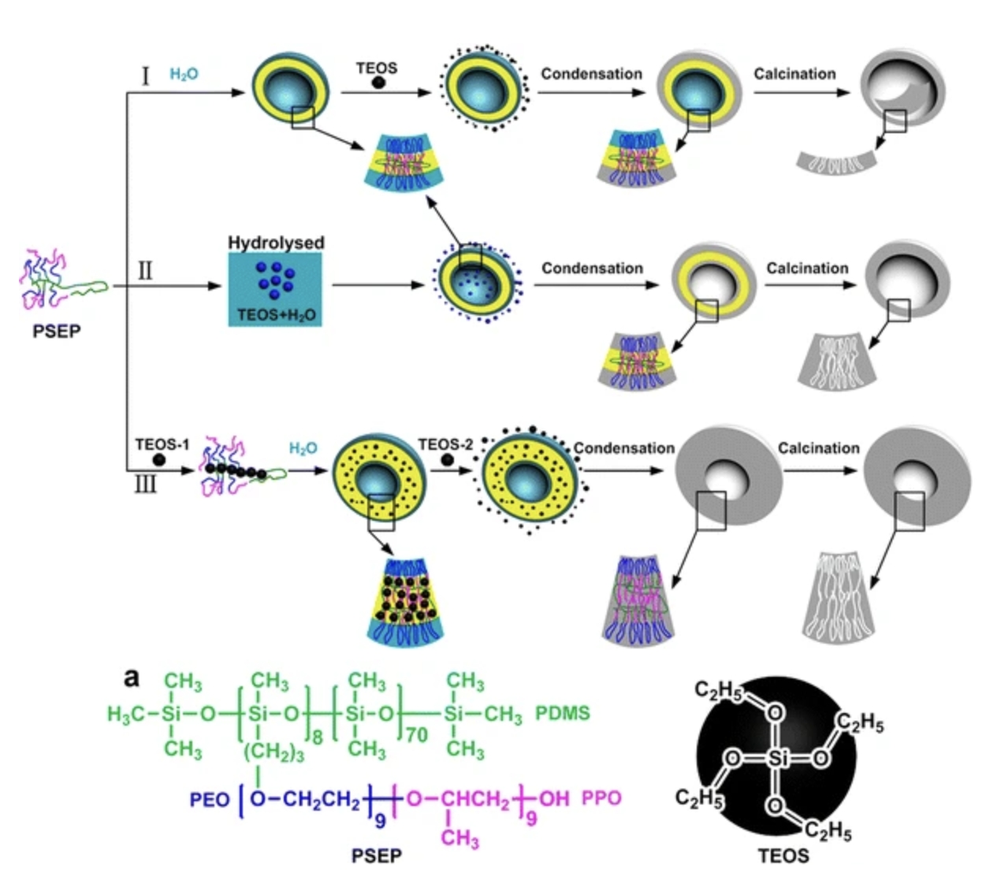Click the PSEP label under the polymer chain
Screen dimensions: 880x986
point(56,331)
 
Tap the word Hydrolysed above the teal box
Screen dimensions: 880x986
point(276,243)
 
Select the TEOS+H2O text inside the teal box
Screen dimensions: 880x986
point(276,315)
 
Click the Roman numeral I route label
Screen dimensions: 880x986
point(145,76)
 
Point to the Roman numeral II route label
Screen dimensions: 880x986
point(145,271)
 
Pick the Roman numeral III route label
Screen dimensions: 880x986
point(145,482)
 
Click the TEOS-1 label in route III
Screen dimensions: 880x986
point(162,444)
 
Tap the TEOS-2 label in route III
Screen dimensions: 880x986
point(445,444)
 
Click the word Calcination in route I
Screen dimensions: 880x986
point(794,74)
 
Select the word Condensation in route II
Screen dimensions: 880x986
point(592,269)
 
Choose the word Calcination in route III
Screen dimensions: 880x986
point(818,448)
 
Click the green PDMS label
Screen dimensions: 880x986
point(563,714)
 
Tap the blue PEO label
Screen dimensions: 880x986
point(210,800)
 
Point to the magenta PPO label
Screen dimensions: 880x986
point(601,798)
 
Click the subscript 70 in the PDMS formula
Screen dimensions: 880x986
point(416,735)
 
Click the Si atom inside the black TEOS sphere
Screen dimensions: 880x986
point(777,759)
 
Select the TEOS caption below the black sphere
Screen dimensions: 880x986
point(783,856)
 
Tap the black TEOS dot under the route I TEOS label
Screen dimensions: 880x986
point(378,83)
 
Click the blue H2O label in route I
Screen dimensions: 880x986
point(184,75)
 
